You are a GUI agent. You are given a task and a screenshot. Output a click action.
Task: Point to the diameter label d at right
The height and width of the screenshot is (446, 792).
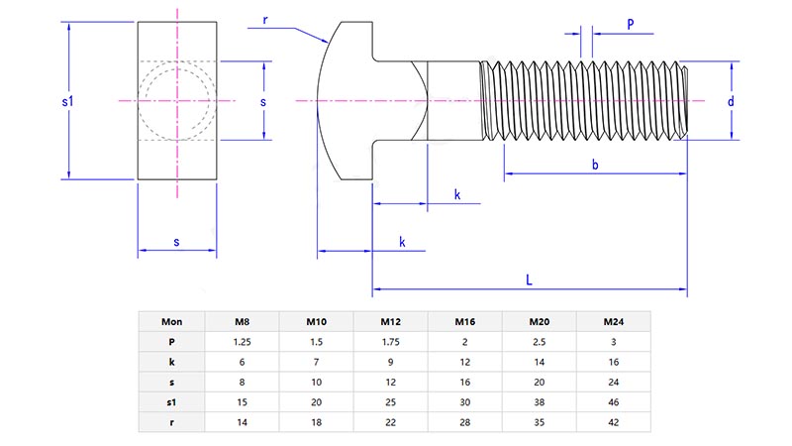(x=730, y=101)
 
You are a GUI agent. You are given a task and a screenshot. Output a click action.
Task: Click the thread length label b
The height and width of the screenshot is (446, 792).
(x=595, y=165)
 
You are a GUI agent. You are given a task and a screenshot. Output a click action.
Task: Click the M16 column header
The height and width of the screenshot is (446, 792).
(x=465, y=321)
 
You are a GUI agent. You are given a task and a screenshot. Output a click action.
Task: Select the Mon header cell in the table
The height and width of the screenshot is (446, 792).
(x=171, y=321)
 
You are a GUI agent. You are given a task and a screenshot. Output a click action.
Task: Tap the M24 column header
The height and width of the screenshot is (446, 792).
(x=613, y=321)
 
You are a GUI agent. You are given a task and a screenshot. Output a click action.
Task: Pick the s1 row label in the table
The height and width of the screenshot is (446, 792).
(x=171, y=401)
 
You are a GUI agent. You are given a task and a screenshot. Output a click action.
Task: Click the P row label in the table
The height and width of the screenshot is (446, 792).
(x=171, y=341)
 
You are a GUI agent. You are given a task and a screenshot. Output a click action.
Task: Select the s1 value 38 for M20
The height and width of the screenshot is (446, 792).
(x=540, y=401)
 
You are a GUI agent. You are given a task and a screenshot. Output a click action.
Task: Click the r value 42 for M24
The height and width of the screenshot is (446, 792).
(x=613, y=421)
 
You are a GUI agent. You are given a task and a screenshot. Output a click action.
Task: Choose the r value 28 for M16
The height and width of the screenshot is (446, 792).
(x=465, y=421)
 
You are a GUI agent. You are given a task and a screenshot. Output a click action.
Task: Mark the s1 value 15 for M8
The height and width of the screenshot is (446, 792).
(x=242, y=401)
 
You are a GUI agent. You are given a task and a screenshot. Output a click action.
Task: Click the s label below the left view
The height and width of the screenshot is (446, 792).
(x=176, y=242)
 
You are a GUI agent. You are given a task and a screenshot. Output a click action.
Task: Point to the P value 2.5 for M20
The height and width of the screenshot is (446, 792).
(x=540, y=341)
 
